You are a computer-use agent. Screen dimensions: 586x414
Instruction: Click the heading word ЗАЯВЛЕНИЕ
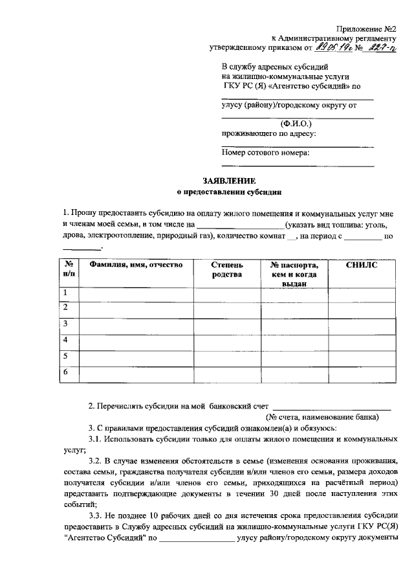230,181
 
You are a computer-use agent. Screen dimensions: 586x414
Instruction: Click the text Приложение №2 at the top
365,28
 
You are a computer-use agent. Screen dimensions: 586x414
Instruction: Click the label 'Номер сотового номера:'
265,153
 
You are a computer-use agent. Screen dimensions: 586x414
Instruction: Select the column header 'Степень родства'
227,269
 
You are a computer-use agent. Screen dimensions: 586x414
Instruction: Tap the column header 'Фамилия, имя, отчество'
136,265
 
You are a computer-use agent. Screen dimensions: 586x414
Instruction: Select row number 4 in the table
65,341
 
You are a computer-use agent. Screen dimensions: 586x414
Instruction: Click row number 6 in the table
65,372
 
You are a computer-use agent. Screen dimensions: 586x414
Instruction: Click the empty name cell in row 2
136,310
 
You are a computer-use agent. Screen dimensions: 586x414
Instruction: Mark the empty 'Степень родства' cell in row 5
227,356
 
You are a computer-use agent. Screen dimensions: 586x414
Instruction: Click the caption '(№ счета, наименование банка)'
324,417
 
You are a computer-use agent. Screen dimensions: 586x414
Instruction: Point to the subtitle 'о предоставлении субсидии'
230,192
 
